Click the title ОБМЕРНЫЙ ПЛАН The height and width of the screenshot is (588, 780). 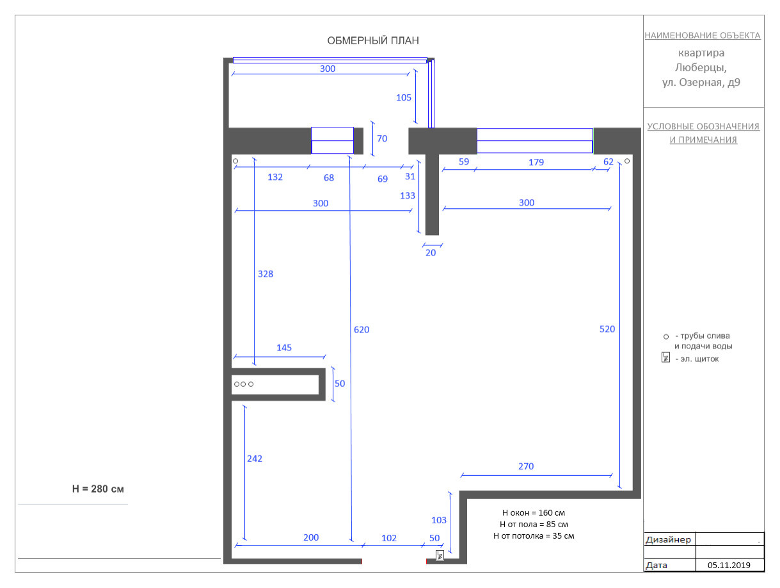pyautogui.click(x=373, y=40)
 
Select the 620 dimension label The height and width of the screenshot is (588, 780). pyautogui.click(x=362, y=330)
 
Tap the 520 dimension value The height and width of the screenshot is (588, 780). pyautogui.click(x=607, y=329)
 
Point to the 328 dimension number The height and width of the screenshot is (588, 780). pyautogui.click(x=266, y=274)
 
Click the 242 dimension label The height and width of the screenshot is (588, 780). pyautogui.click(x=255, y=459)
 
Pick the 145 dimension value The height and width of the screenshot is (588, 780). pyautogui.click(x=284, y=348)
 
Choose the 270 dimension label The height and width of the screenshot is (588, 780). pyautogui.click(x=526, y=466)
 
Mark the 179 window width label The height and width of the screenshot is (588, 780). pyautogui.click(x=536, y=162)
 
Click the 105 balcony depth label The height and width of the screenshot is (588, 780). pyautogui.click(x=404, y=97)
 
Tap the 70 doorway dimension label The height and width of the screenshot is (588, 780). pyautogui.click(x=382, y=138)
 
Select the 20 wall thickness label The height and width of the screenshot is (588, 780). pyautogui.click(x=431, y=252)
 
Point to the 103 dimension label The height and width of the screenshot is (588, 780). pyautogui.click(x=439, y=520)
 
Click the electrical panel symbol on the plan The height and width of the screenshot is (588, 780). pyautogui.click(x=440, y=555)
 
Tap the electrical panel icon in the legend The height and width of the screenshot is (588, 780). pyautogui.click(x=665, y=357)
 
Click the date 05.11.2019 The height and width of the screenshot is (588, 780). pyautogui.click(x=729, y=565)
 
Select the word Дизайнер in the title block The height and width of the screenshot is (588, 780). pyautogui.click(x=668, y=539)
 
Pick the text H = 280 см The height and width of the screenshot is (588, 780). pyautogui.click(x=98, y=489)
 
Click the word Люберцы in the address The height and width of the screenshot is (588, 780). pyautogui.click(x=701, y=68)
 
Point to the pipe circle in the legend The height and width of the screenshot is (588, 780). pyautogui.click(x=666, y=336)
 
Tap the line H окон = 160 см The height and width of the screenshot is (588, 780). pyautogui.click(x=534, y=512)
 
